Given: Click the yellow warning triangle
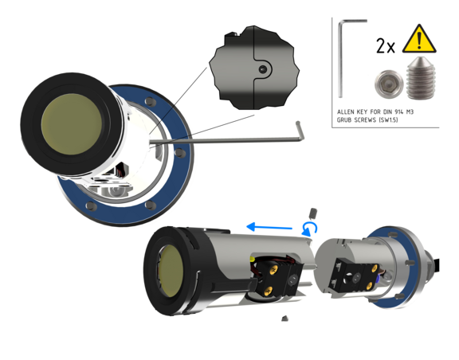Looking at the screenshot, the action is tap(419, 40).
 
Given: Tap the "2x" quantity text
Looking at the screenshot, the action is tap(386, 46).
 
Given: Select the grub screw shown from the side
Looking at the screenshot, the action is tap(421, 77).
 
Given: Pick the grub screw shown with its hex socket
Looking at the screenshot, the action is tap(389, 84).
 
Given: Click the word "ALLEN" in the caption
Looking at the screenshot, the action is tap(346, 112).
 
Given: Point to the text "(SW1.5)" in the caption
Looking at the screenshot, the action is tap(388, 119).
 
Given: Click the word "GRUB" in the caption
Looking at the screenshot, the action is tap(344, 119).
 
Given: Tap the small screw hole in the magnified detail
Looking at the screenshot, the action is tap(263, 69).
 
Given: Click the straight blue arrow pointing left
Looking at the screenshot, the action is tap(269, 227).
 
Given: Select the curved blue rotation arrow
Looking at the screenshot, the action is tap(309, 229).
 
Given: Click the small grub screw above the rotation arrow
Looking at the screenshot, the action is tap(313, 213).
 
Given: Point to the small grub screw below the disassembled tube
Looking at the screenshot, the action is tap(284, 318).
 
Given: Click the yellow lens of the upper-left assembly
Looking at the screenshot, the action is tap(72, 124).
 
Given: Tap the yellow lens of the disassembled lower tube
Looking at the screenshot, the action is tap(171, 271).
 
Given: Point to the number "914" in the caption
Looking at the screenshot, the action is tap(399, 112).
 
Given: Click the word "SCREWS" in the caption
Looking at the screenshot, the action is tap(365, 119).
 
